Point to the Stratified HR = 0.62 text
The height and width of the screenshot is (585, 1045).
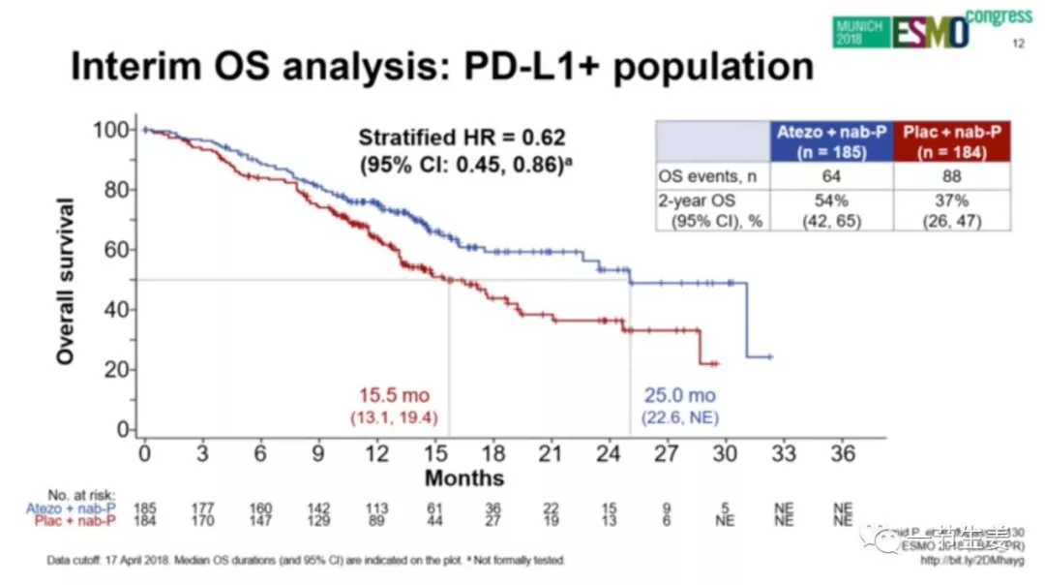(x=462, y=138)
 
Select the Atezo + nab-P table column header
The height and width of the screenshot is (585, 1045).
(x=831, y=141)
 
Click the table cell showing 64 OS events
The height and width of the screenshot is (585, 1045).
(x=831, y=176)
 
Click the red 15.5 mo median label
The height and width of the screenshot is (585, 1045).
(x=394, y=396)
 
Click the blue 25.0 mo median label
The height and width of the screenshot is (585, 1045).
(x=680, y=396)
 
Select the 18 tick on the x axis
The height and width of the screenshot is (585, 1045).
(x=493, y=453)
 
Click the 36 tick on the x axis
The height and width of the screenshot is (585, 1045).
(x=843, y=453)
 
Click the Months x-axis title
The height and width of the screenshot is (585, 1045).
(x=464, y=478)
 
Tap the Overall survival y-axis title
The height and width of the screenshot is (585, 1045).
(x=66, y=281)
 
